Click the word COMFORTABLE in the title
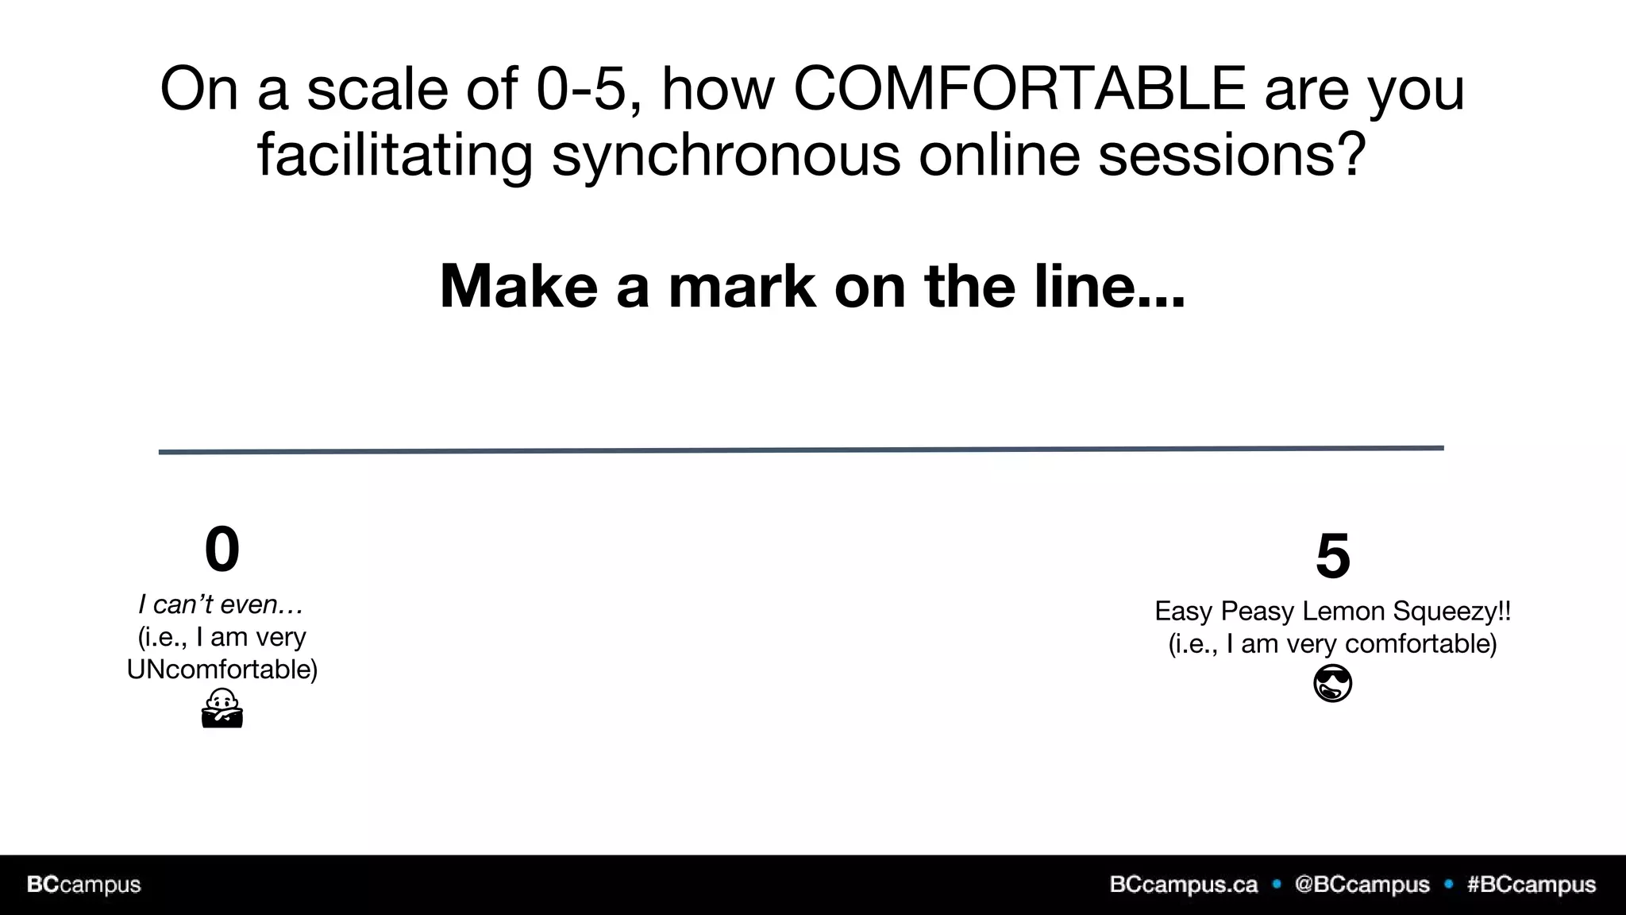(1019, 88)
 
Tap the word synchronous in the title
(726, 154)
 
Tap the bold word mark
(742, 286)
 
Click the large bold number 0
(222, 549)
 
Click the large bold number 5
(1332, 555)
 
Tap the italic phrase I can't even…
(221, 604)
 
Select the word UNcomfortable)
(222, 670)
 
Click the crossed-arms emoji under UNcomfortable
(222, 708)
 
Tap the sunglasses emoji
(1332, 684)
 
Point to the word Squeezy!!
(1451, 612)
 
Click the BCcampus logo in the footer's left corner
(84, 885)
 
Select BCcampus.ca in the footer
(1183, 885)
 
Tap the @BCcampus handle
(1362, 885)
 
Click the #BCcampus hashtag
(1531, 885)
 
